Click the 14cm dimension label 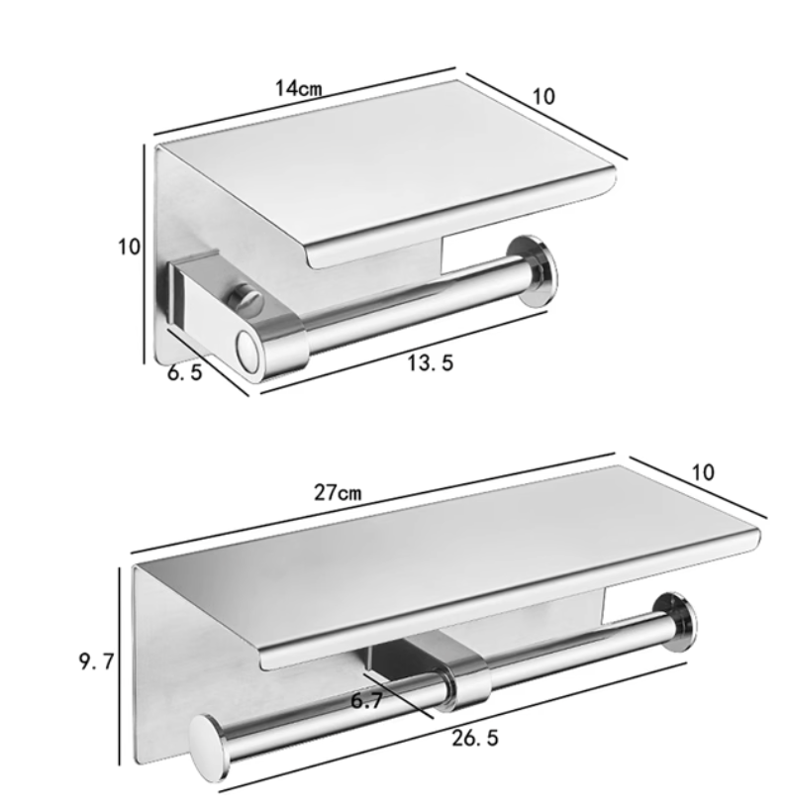298,88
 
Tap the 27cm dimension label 338,492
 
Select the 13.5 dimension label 430,362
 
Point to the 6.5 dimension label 184,371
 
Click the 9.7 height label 96,661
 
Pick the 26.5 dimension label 475,738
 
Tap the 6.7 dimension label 366,701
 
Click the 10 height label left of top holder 129,247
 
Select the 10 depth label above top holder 543,96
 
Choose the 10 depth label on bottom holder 703,472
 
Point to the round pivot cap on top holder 247,352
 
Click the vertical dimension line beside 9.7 120,665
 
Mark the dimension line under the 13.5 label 404,353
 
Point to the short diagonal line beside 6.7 398,695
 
